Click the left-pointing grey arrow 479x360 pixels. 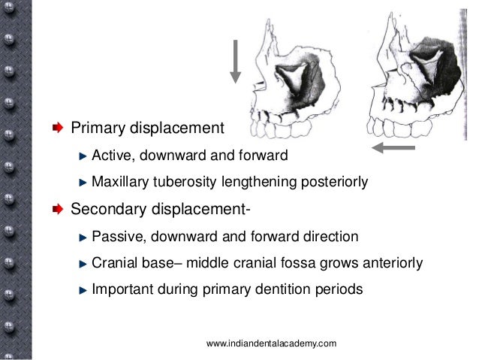(393, 148)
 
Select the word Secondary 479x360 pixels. (107, 210)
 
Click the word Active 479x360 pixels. (110, 156)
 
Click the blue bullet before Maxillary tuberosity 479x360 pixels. (83, 181)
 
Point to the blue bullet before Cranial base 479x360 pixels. (83, 263)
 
